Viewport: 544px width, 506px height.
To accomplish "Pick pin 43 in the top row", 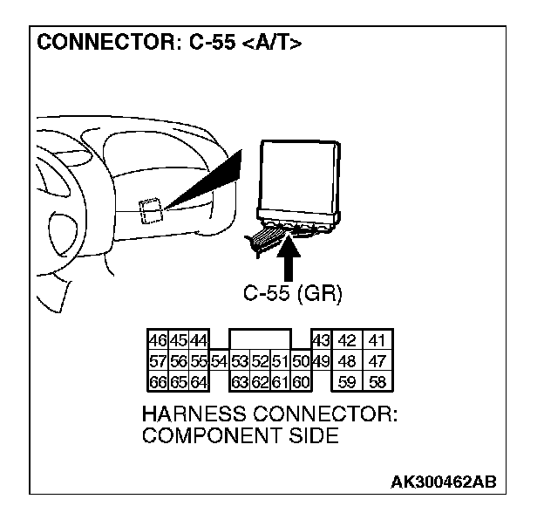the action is click(320, 340).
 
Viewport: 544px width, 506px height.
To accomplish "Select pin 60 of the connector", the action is click(300, 380).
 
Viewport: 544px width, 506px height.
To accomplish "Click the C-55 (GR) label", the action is click(292, 294).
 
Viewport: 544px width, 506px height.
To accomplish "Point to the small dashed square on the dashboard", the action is click(151, 209).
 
